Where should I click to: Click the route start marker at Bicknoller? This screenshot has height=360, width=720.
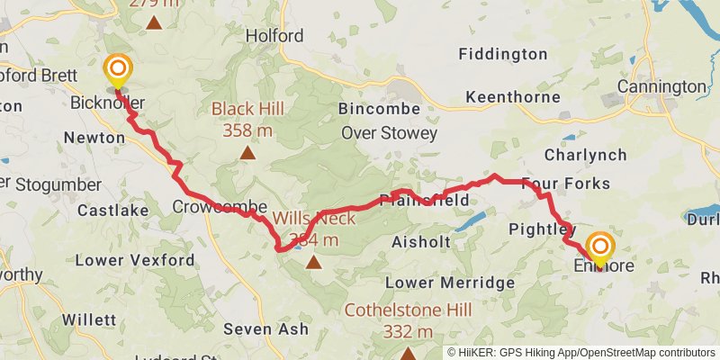[118, 69]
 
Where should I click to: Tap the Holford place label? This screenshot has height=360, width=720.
[274, 37]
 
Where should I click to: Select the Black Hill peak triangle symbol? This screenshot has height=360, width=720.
[247, 153]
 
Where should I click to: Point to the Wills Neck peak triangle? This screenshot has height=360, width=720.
[313, 263]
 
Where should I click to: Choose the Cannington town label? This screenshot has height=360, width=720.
[661, 86]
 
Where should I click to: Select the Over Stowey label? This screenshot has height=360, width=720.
[389, 133]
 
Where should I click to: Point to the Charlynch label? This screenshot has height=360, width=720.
[585, 155]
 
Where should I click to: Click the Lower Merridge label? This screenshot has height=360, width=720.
[450, 283]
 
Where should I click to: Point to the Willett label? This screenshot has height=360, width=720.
[89, 320]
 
